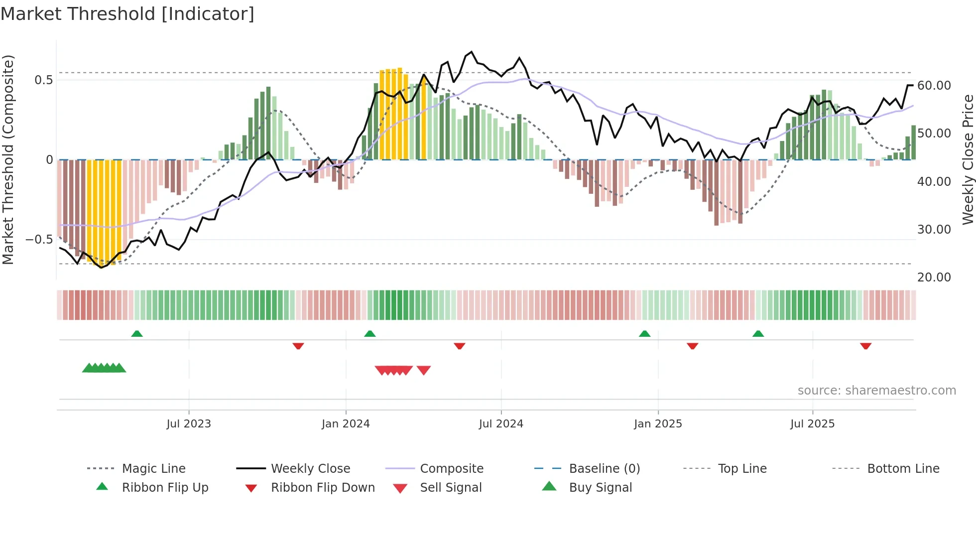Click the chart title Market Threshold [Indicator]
tap(127, 14)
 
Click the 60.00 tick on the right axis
tap(934, 86)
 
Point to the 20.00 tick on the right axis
tap(934, 277)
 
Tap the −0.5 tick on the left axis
tap(39, 240)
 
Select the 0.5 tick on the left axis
tap(43, 80)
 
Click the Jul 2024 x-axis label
tap(501, 424)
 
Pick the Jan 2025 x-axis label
tap(658, 424)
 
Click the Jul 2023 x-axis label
tap(189, 424)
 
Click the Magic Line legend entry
tap(153, 469)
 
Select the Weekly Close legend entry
tap(310, 469)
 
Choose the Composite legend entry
tap(452, 469)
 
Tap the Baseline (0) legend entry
tap(604, 469)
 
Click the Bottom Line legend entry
tap(903, 469)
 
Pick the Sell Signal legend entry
tap(451, 488)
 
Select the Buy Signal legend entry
tap(600, 488)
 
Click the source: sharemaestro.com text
tap(876, 391)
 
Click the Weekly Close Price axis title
tap(968, 159)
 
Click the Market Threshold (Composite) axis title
tap(8, 159)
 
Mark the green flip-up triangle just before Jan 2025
tap(644, 334)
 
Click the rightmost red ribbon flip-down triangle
tap(865, 346)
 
